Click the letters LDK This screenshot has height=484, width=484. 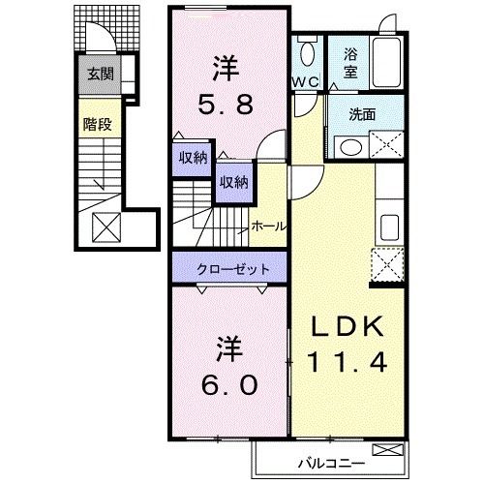pos(348,327)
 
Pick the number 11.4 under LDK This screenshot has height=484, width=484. pos(348,362)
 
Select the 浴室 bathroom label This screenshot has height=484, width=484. pos(349,63)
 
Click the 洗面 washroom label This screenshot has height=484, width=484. pos(363,112)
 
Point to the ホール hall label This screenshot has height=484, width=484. pos(268,226)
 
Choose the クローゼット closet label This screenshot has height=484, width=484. pos(228,268)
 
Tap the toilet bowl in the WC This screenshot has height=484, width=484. pos(307,53)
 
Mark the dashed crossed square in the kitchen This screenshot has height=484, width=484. pos(387,262)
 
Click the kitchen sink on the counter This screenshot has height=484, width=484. pos(388,228)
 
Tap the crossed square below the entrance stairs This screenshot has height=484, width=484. pos(104,227)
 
